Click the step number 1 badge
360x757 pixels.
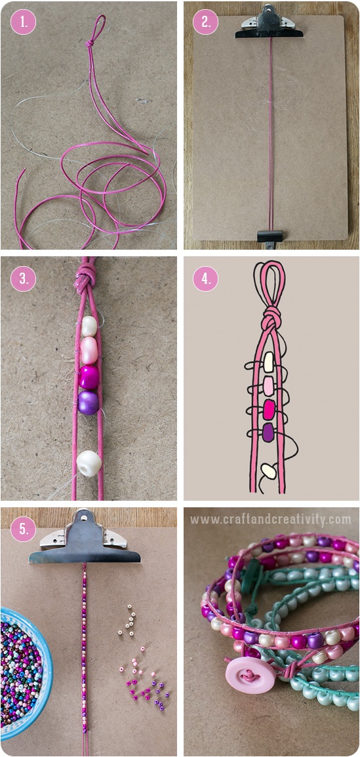[x=23, y=22]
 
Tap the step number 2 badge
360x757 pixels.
[x=205, y=22]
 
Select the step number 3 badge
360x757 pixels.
[x=23, y=279]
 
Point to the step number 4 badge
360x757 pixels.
[x=205, y=279]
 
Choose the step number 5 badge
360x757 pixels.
[x=23, y=530]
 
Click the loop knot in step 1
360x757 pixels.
[x=90, y=44]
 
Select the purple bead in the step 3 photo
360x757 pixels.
[x=89, y=402]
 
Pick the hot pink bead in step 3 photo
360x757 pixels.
[x=89, y=377]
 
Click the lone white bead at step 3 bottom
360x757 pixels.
[x=89, y=463]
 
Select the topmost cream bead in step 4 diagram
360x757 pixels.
[x=269, y=362]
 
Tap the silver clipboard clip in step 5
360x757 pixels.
[x=85, y=537]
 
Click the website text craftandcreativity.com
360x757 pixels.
[x=271, y=520]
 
